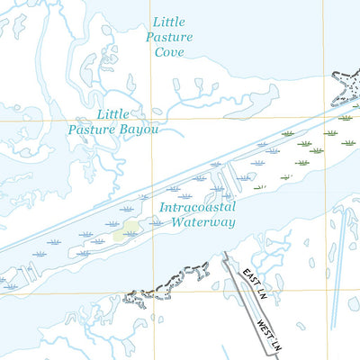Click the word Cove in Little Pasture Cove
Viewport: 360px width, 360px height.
click(x=168, y=52)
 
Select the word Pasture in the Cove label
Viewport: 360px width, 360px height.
click(x=170, y=37)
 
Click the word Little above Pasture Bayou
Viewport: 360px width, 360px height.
click(x=112, y=114)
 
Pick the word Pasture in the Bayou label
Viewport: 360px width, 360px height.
click(x=93, y=130)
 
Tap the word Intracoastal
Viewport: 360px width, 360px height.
click(x=197, y=207)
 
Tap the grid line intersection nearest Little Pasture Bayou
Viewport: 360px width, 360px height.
click(x=150, y=117)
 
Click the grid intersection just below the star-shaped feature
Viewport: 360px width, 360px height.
click(x=323, y=117)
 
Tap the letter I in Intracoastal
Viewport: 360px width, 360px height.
click(x=161, y=207)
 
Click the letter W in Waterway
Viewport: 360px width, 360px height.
click(x=177, y=222)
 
